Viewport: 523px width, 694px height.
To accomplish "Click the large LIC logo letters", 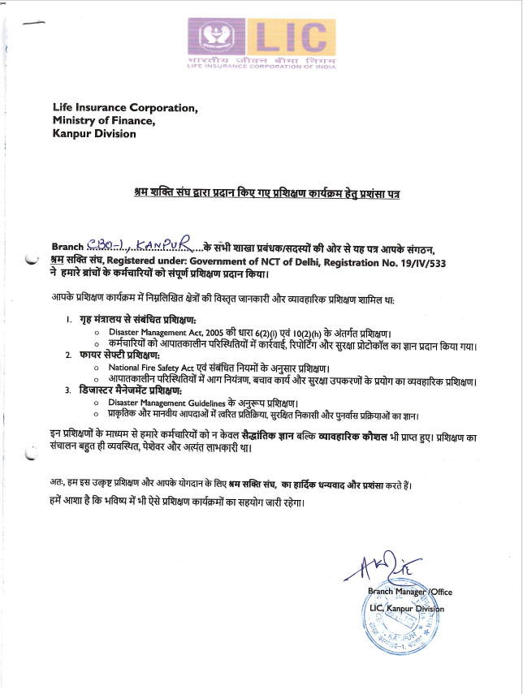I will [290, 36].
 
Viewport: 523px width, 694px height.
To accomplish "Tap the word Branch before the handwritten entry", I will [67, 247].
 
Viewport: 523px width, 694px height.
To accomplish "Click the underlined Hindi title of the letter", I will [267, 195].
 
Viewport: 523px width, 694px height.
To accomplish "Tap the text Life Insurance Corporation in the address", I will [124, 107].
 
